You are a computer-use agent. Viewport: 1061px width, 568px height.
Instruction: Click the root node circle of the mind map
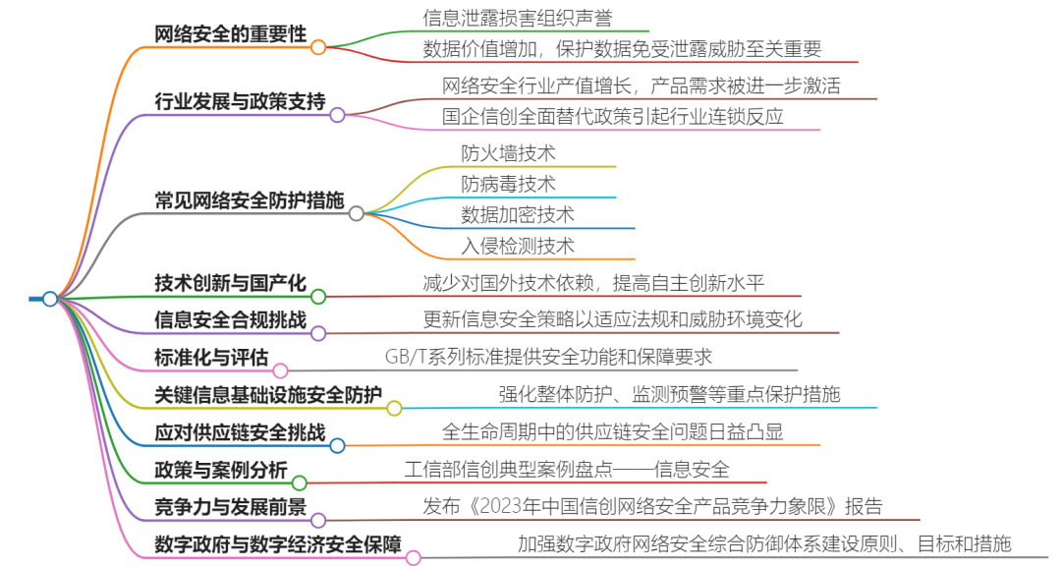pyautogui.click(x=50, y=299)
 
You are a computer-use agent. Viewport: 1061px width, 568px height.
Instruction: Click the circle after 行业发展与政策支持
pyautogui.click(x=337, y=115)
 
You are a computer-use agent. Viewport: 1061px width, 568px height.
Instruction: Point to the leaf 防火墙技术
pyautogui.click(x=508, y=153)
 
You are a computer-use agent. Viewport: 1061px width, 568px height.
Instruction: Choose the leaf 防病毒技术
pyautogui.click(x=508, y=184)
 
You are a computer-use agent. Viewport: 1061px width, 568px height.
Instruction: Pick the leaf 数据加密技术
pyautogui.click(x=518, y=214)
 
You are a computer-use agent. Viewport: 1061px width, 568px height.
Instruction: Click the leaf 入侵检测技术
pyautogui.click(x=518, y=245)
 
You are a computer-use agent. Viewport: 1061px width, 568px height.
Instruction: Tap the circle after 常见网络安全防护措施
pyautogui.click(x=356, y=212)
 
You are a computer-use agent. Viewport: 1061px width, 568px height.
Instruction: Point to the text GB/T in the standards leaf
pyautogui.click(x=405, y=357)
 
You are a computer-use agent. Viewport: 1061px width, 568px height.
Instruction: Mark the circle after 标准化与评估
pyautogui.click(x=280, y=370)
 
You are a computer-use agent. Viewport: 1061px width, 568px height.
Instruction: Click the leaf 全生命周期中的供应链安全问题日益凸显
pyautogui.click(x=612, y=431)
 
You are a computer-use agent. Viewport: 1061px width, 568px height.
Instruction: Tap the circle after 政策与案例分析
pyautogui.click(x=300, y=483)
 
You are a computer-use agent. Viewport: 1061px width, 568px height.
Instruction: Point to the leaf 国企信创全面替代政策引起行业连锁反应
pyautogui.click(x=612, y=116)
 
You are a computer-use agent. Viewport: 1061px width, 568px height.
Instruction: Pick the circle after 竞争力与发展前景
pyautogui.click(x=318, y=520)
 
